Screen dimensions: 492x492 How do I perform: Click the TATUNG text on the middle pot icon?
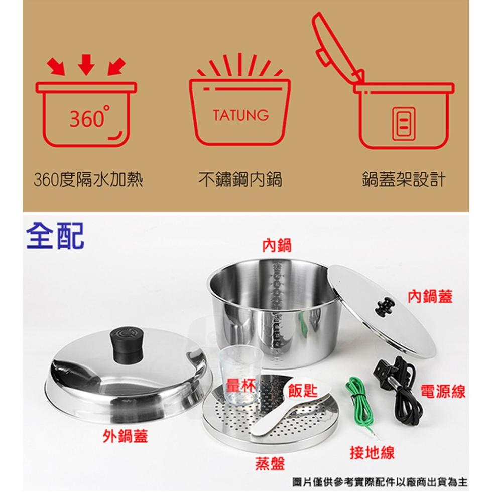240,115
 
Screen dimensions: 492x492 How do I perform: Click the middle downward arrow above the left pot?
86,64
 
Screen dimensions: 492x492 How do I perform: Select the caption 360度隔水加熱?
88,180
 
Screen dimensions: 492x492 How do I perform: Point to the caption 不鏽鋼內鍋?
240,180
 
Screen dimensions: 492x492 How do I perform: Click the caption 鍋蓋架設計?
404,180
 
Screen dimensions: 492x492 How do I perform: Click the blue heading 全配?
55,235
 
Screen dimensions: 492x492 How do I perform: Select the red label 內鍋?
277,245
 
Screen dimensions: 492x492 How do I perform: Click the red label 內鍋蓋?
430,296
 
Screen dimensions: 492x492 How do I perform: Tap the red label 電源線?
443,391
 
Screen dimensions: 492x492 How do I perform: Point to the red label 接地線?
372,452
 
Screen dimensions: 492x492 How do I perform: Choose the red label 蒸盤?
270,463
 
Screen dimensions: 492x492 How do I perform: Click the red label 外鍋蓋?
125,436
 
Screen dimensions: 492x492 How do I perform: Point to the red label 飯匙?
303,390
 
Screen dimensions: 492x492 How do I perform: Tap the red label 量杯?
240,385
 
